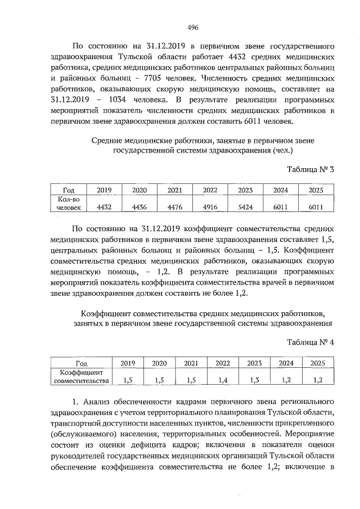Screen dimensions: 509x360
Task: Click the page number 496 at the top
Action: pyautogui.click(x=193, y=27)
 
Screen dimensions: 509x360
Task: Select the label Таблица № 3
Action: pyautogui.click(x=310, y=169)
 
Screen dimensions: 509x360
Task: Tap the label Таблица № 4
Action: pyautogui.click(x=310, y=343)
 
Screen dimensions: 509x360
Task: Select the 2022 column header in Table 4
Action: pyautogui.click(x=223, y=363)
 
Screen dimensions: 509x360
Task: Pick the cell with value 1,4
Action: pyautogui.click(x=223, y=381)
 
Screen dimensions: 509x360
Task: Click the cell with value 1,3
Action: pyautogui.click(x=255, y=381)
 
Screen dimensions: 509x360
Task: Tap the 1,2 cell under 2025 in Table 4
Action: pyautogui.click(x=318, y=381)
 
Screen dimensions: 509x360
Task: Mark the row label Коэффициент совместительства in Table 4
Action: pyautogui.click(x=80, y=376)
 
